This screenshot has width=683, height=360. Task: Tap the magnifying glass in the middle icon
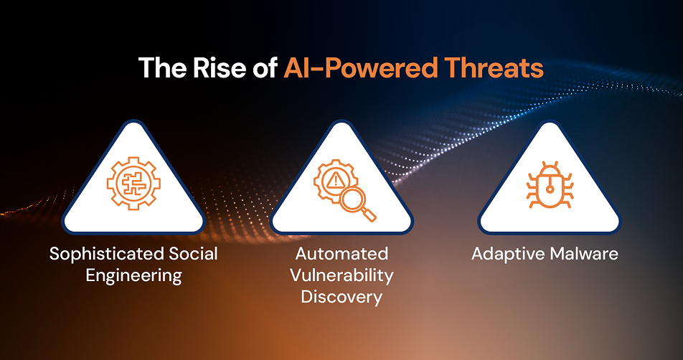coord(356,204)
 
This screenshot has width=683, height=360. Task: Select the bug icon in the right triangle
coord(549,188)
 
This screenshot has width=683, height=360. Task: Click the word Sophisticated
coord(98,254)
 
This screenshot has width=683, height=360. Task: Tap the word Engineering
coord(133,275)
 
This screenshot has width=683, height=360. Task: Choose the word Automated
coord(341,254)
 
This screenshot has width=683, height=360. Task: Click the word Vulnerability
coord(341,275)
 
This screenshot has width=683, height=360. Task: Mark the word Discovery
coord(341,297)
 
